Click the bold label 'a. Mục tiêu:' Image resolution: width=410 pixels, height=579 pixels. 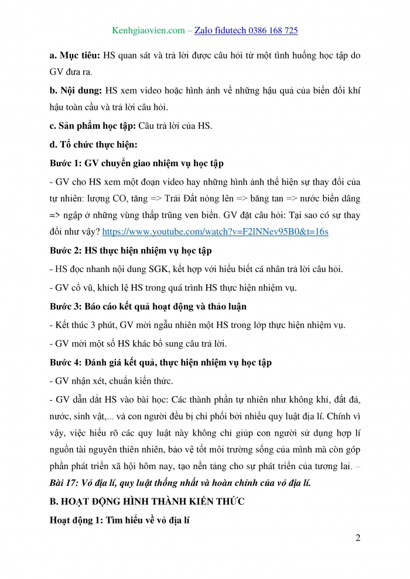[75, 57]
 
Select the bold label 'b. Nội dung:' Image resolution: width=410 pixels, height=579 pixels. [76, 91]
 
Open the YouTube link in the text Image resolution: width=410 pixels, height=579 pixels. [215, 232]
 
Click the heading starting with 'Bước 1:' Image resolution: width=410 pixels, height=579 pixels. [136, 163]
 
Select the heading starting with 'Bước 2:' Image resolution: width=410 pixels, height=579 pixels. [131, 250]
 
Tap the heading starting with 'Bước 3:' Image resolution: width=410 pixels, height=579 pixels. [148, 306]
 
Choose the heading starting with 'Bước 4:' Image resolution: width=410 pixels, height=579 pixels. [160, 363]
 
